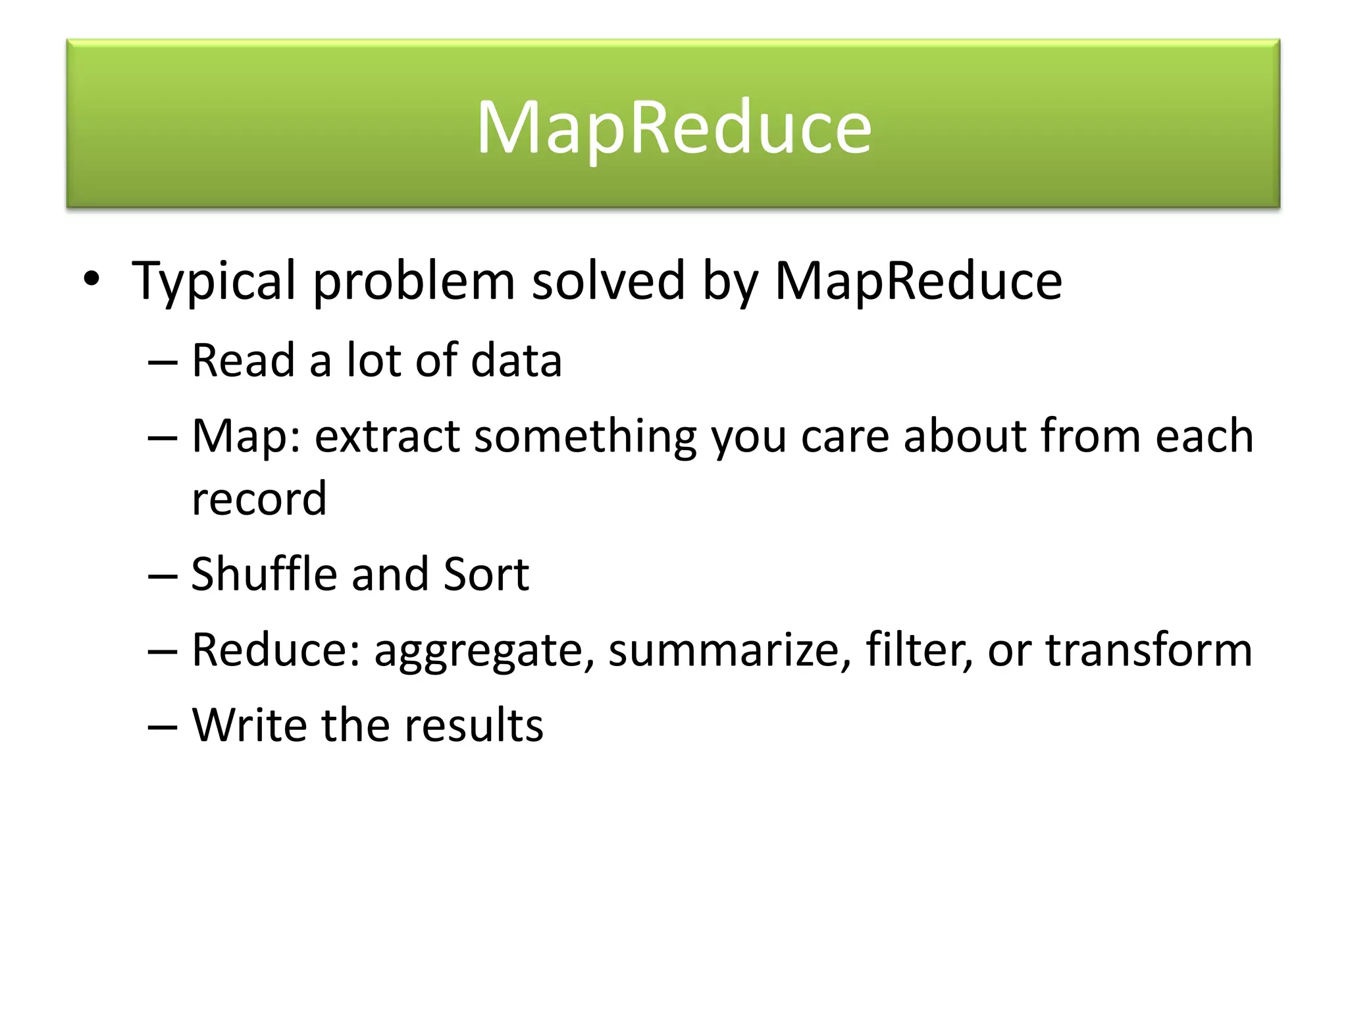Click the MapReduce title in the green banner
point(674,126)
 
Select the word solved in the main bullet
point(608,280)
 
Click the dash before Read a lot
point(163,362)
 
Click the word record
point(259,499)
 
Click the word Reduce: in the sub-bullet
point(276,650)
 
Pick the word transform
point(1149,650)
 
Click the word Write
point(249,725)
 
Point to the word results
point(473,725)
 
